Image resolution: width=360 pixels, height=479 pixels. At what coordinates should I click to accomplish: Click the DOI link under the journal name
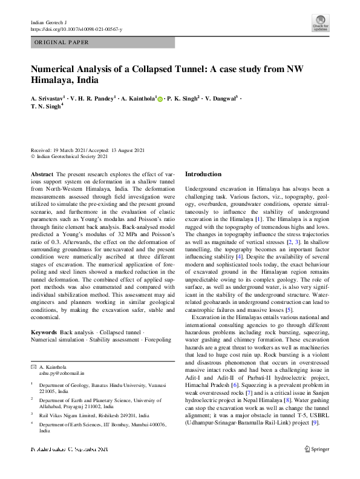pos(76,29)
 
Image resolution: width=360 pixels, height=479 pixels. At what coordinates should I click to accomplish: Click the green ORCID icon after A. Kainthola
pos(160,97)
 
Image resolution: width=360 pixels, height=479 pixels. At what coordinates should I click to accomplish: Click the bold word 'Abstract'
pos(42,174)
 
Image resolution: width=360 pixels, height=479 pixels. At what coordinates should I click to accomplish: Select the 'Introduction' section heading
pos(203,174)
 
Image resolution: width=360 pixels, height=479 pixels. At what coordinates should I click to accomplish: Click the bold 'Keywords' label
pos(44,332)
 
